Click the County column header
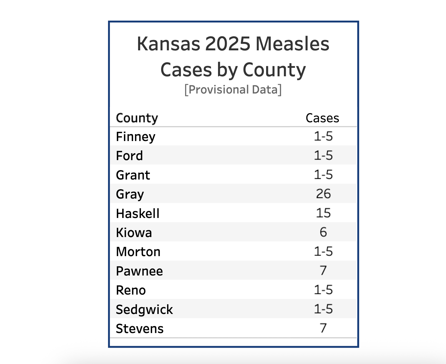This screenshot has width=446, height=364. coord(137,118)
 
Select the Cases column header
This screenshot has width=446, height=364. coord(322,118)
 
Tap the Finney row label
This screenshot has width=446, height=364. coord(136,137)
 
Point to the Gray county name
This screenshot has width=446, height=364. coord(130,194)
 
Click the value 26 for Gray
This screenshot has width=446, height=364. coord(323,194)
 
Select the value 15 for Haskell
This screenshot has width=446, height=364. coord(323,213)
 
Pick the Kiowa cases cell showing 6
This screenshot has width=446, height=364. coord(323,232)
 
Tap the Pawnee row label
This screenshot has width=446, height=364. coord(139,271)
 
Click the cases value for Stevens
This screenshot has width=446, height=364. coord(323,328)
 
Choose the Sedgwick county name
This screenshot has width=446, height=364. coord(144,310)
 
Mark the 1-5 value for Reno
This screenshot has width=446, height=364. coord(323,290)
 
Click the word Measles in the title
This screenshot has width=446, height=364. coord(292,44)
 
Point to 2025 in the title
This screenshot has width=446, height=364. coord(228,44)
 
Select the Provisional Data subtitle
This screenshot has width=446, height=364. coord(233,89)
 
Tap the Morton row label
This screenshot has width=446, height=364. coord(138,252)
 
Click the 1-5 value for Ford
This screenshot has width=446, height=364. coord(323,155)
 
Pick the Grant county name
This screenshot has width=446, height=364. coord(133,175)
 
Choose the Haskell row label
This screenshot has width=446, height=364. coord(138,214)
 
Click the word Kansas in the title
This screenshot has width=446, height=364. coord(168,44)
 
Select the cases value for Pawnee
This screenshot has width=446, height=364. coord(323,270)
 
